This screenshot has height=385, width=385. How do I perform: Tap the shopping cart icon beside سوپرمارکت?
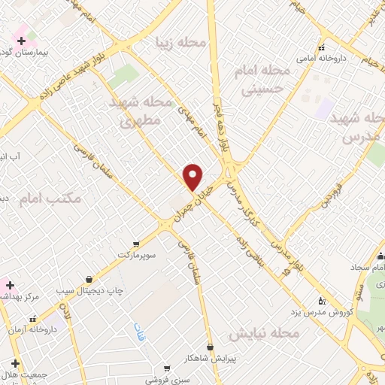tap(135, 244)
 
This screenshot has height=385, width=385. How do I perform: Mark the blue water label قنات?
tap(139, 332)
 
